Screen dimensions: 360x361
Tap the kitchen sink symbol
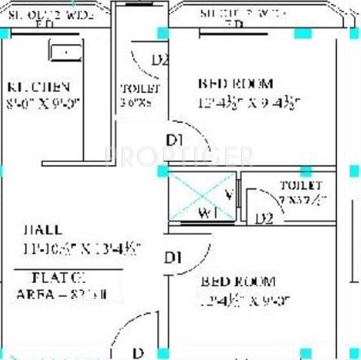click(67, 52)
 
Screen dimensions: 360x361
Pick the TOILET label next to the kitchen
click(134, 88)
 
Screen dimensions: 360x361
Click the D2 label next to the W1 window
click(263, 219)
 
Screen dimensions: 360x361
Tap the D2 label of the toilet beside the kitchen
click(159, 61)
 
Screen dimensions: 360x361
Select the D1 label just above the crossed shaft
click(174, 141)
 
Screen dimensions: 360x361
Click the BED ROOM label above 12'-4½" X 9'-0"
click(237, 282)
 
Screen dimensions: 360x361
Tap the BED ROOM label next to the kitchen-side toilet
click(235, 84)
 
